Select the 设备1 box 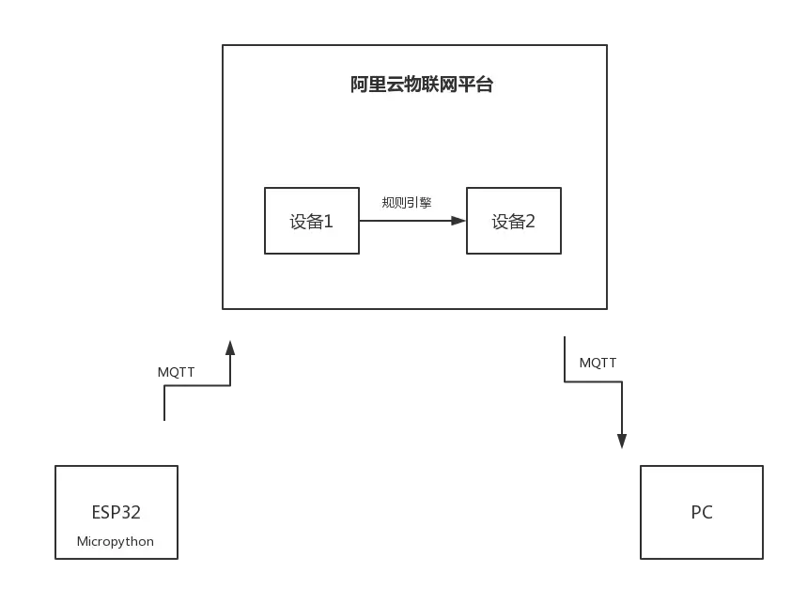(311, 221)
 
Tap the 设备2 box (514, 221)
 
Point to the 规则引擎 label (407, 201)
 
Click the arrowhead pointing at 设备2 (458, 221)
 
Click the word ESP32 (116, 512)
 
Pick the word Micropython (116, 541)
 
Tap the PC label (702, 512)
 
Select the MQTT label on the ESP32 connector (177, 374)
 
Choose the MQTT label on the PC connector (598, 362)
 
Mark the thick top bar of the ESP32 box (116, 462)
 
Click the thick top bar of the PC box (702, 462)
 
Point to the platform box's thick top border (413, 42)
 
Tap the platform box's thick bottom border (413, 310)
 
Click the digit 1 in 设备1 (328, 222)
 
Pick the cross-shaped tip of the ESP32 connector (228, 354)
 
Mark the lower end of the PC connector (624, 441)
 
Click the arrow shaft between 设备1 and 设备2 (404, 221)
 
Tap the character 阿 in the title (358, 85)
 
